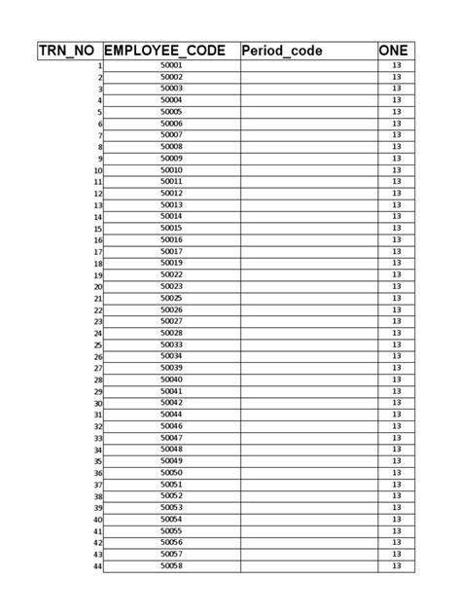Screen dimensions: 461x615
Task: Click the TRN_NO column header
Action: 68,50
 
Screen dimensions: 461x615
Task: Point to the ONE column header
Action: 395,50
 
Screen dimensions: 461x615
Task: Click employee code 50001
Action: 171,65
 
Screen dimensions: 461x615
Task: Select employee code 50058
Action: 171,565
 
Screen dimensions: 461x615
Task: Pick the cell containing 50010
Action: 171,170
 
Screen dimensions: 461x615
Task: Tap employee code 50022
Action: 171,274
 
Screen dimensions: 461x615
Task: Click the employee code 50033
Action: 171,344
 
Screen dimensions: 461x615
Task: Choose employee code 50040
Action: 171,380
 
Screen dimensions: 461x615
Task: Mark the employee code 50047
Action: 171,438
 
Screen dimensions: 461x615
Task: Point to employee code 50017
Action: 171,251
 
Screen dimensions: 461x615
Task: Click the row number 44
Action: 97,566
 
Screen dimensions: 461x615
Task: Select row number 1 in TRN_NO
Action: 99,66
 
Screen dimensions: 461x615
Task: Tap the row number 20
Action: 97,287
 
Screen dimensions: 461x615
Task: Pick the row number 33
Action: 97,439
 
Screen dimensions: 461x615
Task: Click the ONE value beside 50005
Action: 396,112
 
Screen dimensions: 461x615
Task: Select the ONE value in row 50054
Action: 396,519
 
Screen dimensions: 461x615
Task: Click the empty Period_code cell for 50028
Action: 308,333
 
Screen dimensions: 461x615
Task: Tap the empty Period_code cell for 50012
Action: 308,193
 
